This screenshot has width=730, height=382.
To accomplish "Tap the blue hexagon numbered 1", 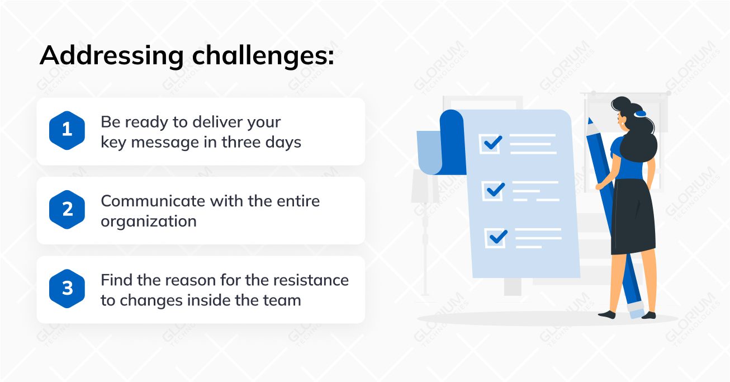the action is tap(67, 130).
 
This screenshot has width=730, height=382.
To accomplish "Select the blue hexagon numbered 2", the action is tap(67, 209).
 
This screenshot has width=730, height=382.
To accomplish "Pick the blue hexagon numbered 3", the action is tap(67, 289).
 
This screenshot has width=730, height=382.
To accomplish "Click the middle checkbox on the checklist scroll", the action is tap(494, 191).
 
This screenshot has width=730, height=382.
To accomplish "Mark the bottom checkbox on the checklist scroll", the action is tap(496, 238).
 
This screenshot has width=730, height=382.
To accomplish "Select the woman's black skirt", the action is tap(632, 217).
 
